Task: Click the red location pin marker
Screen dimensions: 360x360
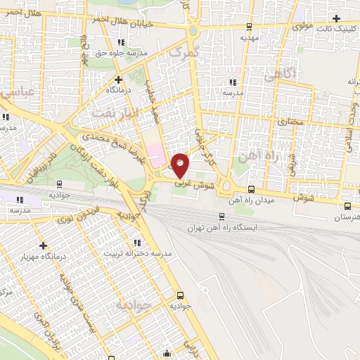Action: pyautogui.click(x=180, y=165)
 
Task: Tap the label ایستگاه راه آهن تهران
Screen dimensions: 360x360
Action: pyautogui.click(x=223, y=228)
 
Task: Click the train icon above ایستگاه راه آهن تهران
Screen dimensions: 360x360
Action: pyautogui.click(x=222, y=217)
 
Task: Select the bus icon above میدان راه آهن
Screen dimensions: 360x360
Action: pyautogui.click(x=252, y=188)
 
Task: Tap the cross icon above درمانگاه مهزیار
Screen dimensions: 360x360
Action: pyautogui.click(x=44, y=246)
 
